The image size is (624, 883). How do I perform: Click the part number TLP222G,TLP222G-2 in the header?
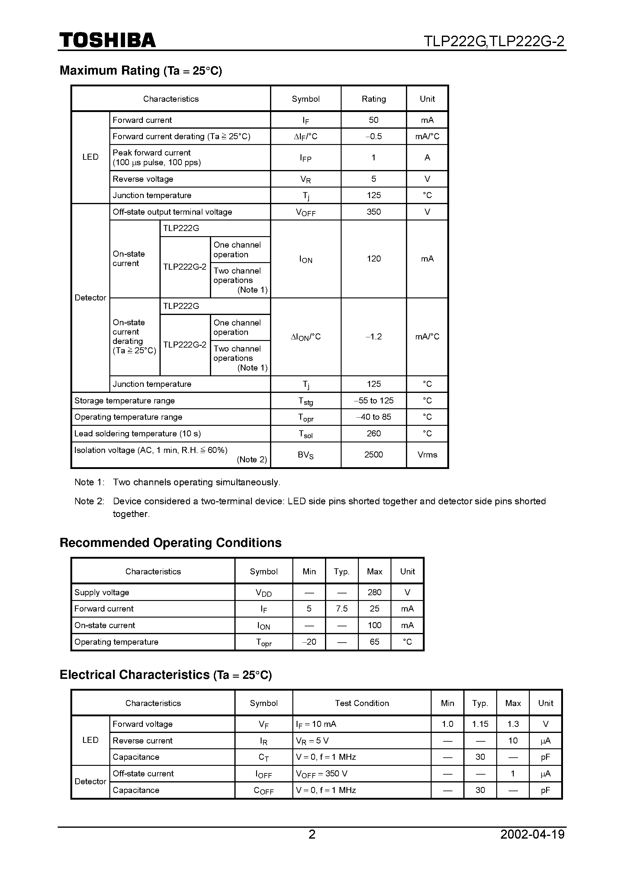click(x=494, y=41)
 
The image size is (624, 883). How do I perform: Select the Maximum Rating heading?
click(x=141, y=70)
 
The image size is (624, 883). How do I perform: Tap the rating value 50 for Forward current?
click(x=373, y=120)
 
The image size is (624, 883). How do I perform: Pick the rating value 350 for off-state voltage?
click(x=373, y=212)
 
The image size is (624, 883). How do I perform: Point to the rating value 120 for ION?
click(x=373, y=259)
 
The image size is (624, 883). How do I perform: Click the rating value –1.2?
click(x=373, y=337)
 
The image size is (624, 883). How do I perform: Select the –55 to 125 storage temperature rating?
click(x=373, y=401)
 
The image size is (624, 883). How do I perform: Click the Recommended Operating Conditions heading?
click(x=170, y=543)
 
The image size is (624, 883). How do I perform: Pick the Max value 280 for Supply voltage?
click(x=374, y=592)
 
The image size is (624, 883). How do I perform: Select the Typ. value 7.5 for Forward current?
click(x=342, y=609)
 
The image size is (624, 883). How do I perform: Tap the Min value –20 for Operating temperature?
click(x=309, y=642)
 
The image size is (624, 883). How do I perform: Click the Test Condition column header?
click(x=362, y=703)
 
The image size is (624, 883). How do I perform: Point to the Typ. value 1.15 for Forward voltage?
click(x=480, y=724)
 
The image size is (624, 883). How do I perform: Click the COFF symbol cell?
click(x=264, y=790)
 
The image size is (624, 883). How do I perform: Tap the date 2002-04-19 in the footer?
click(x=532, y=835)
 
